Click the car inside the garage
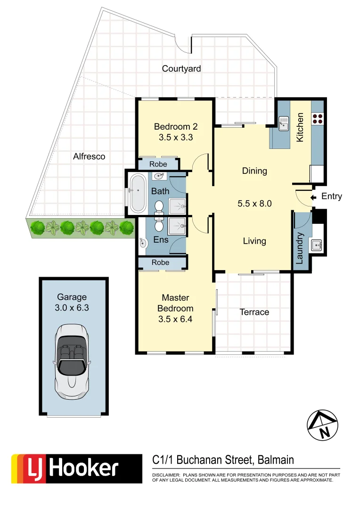tap(72, 361)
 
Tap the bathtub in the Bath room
tap(138, 193)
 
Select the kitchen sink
tap(284, 124)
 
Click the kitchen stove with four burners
tap(317, 118)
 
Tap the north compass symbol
tap(323, 425)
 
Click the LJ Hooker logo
tap(76, 468)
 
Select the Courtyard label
tap(181, 69)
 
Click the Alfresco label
tap(89, 156)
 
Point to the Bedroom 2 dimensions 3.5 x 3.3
tap(176, 138)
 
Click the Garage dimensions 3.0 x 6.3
tap(72, 307)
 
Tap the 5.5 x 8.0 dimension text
tap(255, 204)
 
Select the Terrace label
tap(254, 312)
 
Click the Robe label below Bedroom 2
tap(158, 164)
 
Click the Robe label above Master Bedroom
tap(161, 263)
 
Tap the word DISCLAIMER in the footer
tap(165, 475)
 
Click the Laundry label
tap(299, 248)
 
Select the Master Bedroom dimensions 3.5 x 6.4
tap(175, 319)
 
